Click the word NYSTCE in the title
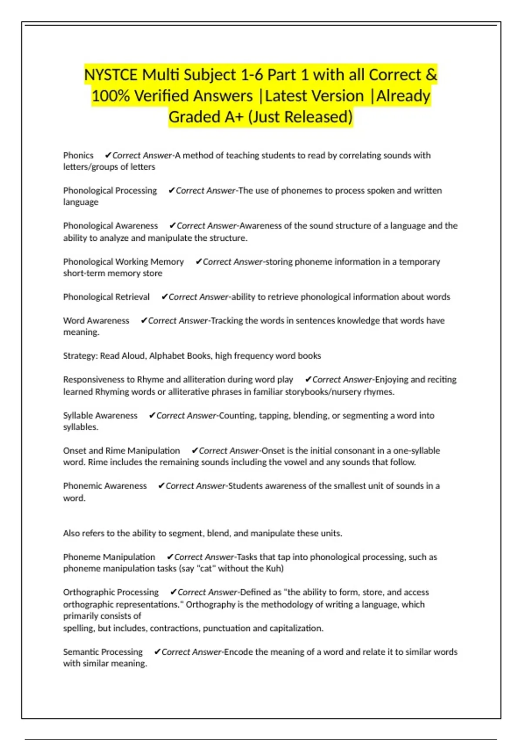coord(111,75)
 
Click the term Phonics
coord(78,155)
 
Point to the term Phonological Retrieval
coord(106,297)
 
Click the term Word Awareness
coord(96,321)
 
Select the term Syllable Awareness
coord(100,416)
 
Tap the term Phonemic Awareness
coord(105,486)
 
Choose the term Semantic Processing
coord(103,652)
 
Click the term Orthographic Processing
coord(111,592)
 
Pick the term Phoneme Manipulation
coord(109,557)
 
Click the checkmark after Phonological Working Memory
coord(198,262)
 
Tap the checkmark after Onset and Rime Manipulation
coord(194,451)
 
